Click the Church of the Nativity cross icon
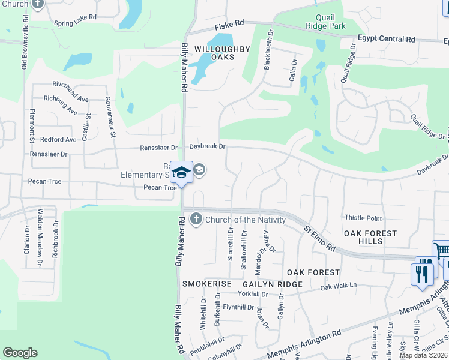tap(196, 220)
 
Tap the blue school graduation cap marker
tap(181, 172)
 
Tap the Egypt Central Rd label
tap(386, 40)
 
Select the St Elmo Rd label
tap(318, 238)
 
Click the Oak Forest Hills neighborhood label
tap(370, 237)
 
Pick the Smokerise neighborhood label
tap(207, 283)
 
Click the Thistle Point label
tap(363, 218)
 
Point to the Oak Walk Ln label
tap(339, 287)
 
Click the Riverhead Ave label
tap(71, 84)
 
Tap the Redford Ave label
tap(58, 139)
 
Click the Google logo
tap(20, 352)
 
